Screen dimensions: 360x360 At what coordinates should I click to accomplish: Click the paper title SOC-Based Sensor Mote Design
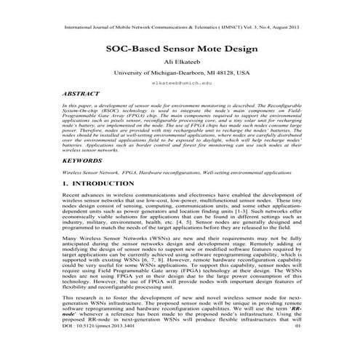(x=180, y=49)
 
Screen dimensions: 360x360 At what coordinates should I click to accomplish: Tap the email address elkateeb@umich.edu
(x=180, y=85)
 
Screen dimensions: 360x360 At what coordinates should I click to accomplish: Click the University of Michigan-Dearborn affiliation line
(x=180, y=73)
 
